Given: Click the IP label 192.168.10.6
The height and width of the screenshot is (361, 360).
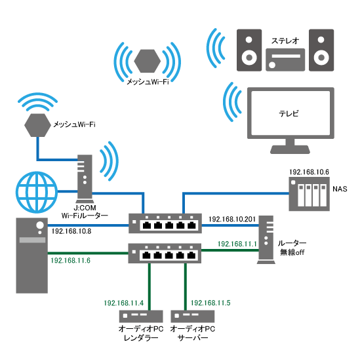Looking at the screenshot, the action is (x=309, y=172).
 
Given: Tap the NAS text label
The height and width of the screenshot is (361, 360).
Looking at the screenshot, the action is (x=340, y=189).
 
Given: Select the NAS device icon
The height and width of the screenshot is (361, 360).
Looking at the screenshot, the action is (x=309, y=194).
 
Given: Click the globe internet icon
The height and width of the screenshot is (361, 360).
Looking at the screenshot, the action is (x=37, y=192).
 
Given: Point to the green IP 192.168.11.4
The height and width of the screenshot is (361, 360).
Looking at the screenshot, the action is (x=123, y=303).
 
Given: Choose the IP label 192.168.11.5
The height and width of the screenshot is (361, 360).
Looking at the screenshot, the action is (x=210, y=303).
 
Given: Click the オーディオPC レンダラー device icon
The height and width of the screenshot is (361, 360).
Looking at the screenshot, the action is (x=141, y=316).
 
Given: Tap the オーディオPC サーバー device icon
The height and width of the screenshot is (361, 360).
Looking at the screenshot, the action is (x=193, y=316).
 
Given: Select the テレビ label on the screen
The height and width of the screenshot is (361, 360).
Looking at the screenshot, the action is (x=289, y=113).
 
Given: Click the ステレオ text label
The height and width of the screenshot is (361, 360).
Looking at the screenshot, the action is (x=285, y=41).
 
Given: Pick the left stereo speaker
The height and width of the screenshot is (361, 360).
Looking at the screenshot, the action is (x=249, y=50).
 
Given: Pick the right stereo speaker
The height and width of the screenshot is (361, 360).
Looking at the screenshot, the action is (x=321, y=50).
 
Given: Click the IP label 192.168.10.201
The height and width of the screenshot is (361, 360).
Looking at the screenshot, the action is (x=232, y=219).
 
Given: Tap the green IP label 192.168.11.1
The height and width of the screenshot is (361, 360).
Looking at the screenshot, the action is (x=237, y=244).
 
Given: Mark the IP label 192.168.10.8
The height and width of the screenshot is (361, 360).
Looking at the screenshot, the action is (x=71, y=231).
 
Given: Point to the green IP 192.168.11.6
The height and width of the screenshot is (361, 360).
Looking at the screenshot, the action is (x=70, y=260).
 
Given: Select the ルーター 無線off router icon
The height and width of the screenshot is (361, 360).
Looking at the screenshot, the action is (x=266, y=240).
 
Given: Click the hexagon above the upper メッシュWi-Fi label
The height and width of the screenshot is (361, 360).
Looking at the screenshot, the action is (x=148, y=61).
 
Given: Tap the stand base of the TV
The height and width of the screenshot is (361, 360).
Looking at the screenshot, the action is (x=290, y=150).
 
